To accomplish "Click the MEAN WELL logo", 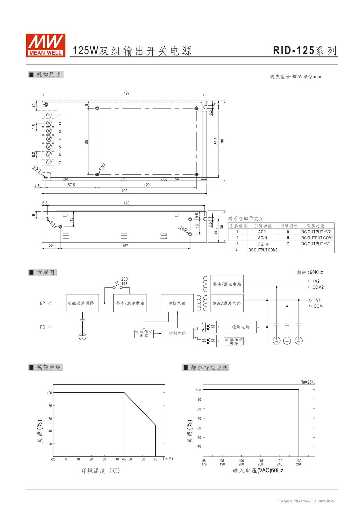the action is tap(46, 45).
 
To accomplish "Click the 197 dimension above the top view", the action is tap(127, 93).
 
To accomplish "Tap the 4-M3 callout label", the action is tap(102, 167).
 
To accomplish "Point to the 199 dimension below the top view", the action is tap(124, 191).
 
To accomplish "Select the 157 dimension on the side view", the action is tap(125, 246).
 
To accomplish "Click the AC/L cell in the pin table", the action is tap(262, 232).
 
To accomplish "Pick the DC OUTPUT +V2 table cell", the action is tap(316, 232).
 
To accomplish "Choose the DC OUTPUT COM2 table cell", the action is tap(263, 250).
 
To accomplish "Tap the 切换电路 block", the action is tap(177, 303).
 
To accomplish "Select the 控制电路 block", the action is tap(177, 333).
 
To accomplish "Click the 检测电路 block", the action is tap(240, 327).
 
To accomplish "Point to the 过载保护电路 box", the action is tap(144, 334).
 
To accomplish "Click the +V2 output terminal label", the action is tap(316, 281).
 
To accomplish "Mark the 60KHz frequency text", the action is tap(316, 272).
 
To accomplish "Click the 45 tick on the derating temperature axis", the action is tap(124, 459).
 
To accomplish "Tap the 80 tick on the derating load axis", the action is tap(50, 406).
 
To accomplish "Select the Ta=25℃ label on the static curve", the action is tap(308, 382).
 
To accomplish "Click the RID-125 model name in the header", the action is tap(293, 50).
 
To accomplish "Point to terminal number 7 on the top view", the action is tap(60, 163).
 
